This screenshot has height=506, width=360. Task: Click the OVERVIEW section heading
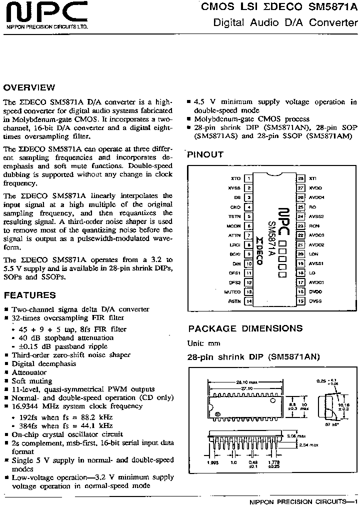click(29, 87)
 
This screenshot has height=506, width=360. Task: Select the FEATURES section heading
click(29, 295)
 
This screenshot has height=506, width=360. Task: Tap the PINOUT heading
click(205, 155)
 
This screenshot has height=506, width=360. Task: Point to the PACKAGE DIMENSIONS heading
click(245, 328)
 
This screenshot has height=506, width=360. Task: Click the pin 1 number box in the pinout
click(248, 178)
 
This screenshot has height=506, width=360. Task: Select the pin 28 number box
click(300, 178)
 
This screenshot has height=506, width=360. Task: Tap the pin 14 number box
click(248, 301)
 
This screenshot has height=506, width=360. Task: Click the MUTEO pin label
click(232, 291)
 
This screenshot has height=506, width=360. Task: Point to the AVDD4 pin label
click(316, 197)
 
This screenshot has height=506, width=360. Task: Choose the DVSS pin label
click(315, 301)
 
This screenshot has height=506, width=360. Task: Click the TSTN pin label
click(234, 216)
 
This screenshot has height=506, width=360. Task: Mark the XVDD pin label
click(315, 188)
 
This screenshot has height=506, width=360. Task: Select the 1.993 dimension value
click(213, 462)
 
